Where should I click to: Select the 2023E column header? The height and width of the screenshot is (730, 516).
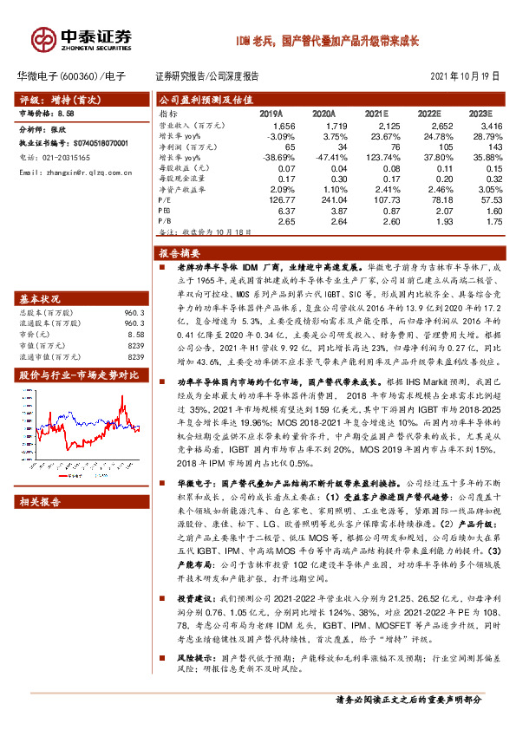[x=478, y=114]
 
